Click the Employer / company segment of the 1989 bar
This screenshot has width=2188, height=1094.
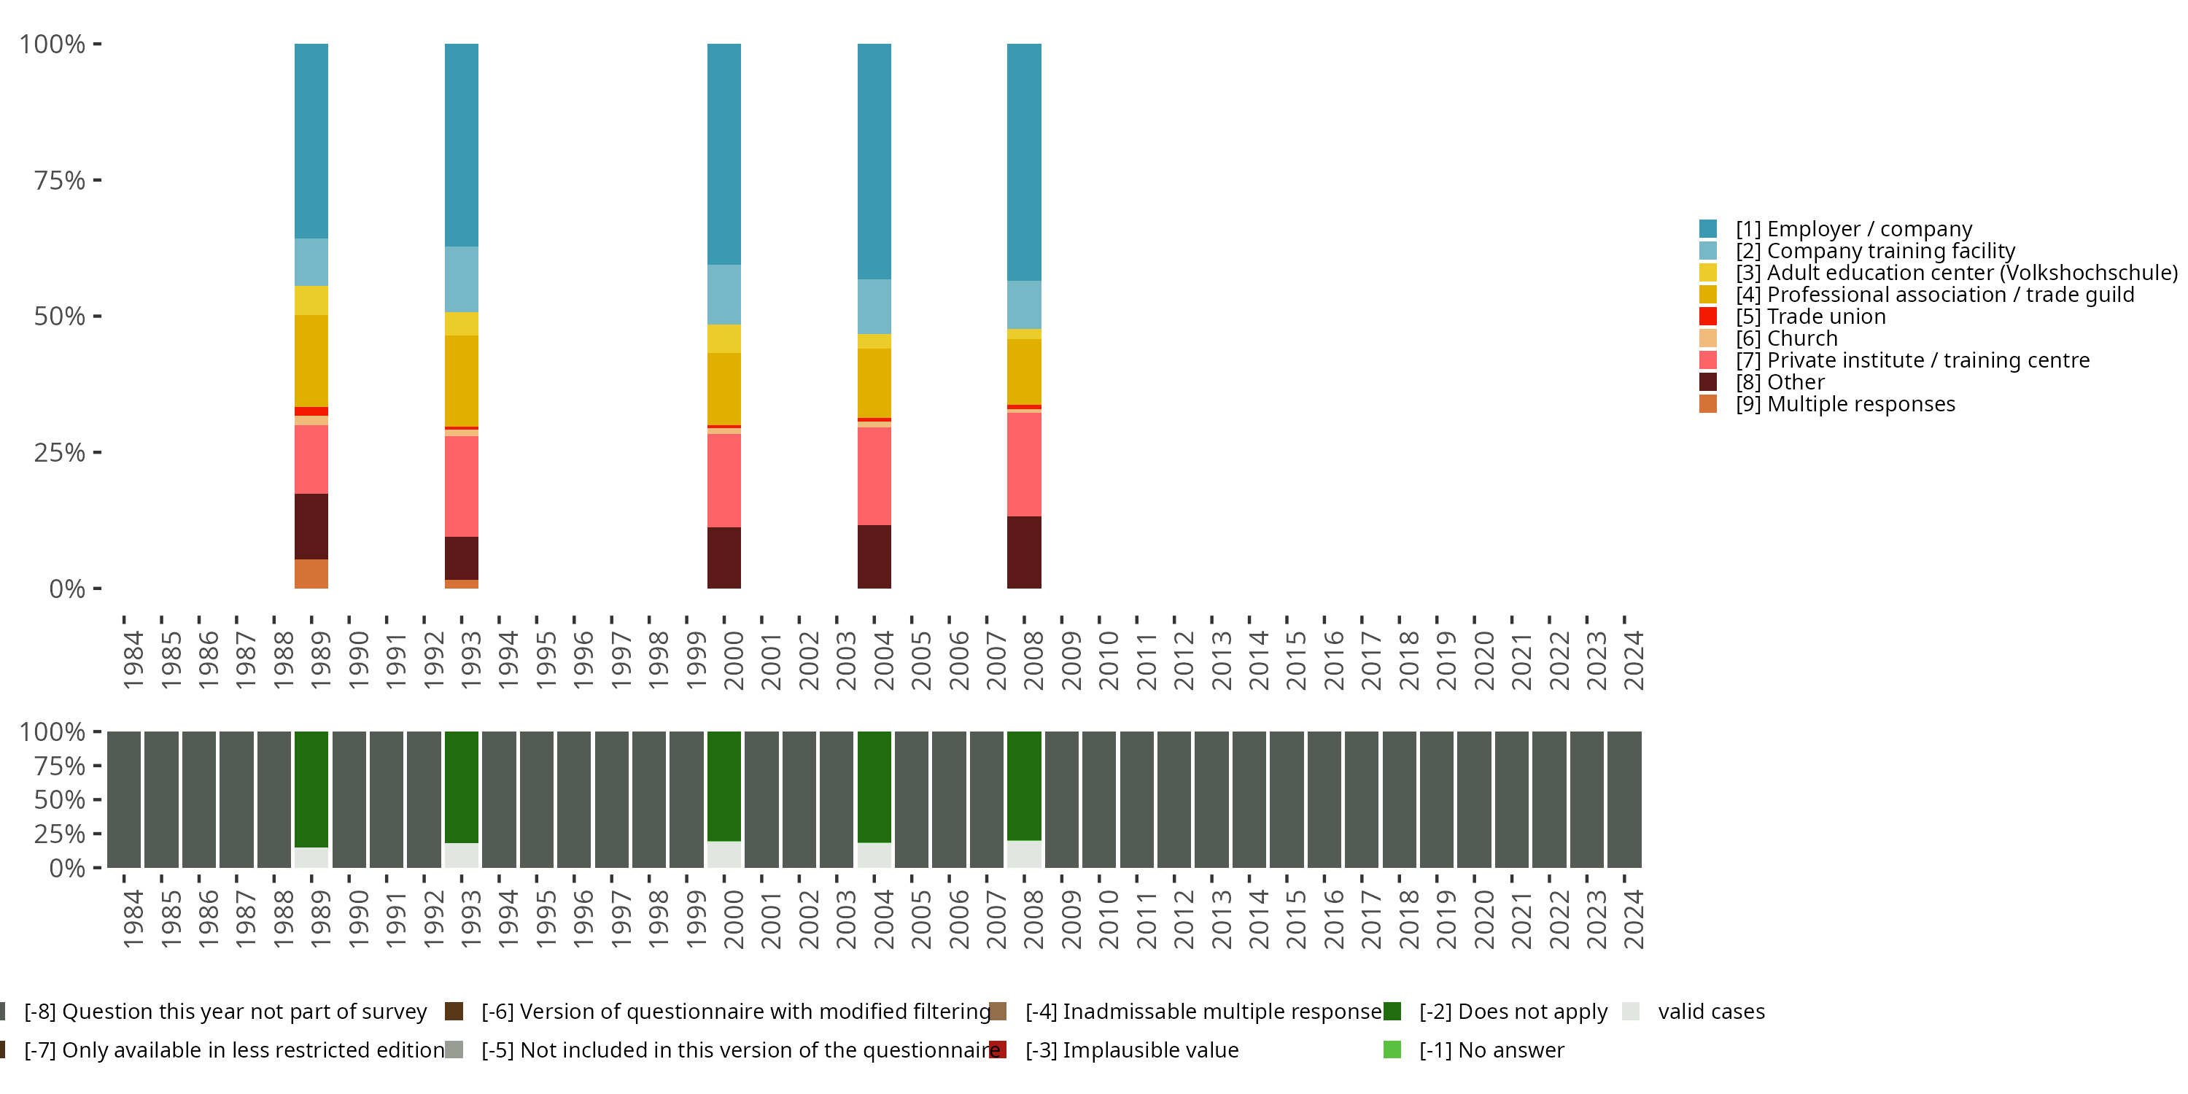pyautogui.click(x=311, y=140)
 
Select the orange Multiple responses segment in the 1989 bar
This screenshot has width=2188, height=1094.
pyautogui.click(x=311, y=573)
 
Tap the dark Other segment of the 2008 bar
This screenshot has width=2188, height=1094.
pyautogui.click(x=1023, y=552)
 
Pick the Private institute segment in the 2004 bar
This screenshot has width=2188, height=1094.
pyautogui.click(x=874, y=476)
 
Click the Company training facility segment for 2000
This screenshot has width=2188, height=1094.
pyautogui.click(x=723, y=294)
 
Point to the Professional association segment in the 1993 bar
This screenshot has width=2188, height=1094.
pyautogui.click(x=461, y=381)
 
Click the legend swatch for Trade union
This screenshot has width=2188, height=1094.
pyautogui.click(x=1707, y=317)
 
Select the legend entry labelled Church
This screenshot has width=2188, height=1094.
pyautogui.click(x=1801, y=339)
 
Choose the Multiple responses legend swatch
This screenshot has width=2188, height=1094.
pyautogui.click(x=1707, y=404)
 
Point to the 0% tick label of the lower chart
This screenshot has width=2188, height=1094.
pyautogui.click(x=66, y=868)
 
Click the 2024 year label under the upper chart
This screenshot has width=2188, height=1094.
pyautogui.click(x=1632, y=660)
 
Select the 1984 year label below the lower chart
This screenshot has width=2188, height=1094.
pyautogui.click(x=133, y=919)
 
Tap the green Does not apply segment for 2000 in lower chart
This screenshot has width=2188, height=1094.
pyautogui.click(x=723, y=785)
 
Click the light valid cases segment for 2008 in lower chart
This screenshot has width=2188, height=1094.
pyautogui.click(x=1023, y=853)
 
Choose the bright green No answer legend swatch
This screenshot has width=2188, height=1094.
pyautogui.click(x=1392, y=1050)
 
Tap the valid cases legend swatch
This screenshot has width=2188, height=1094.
pyautogui.click(x=1630, y=1012)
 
